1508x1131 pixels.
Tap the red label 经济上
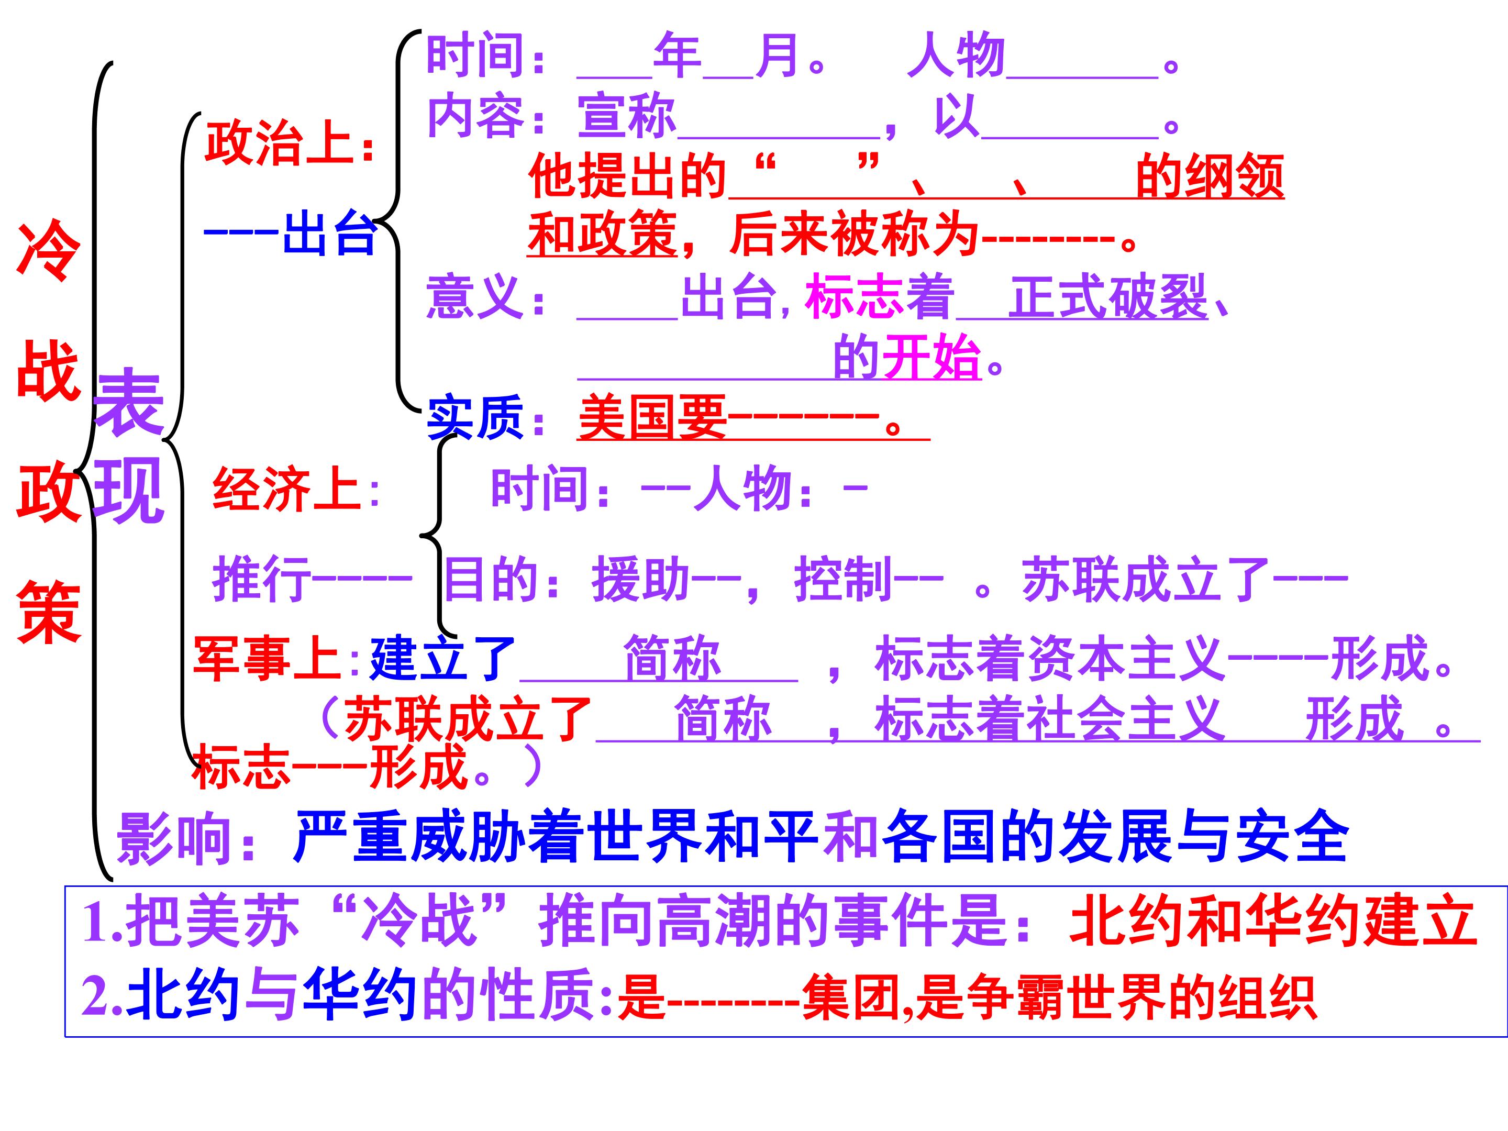tap(286, 490)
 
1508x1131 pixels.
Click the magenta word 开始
tap(932, 357)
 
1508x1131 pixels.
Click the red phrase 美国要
tap(652, 417)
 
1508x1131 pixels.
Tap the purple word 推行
tap(261, 578)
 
